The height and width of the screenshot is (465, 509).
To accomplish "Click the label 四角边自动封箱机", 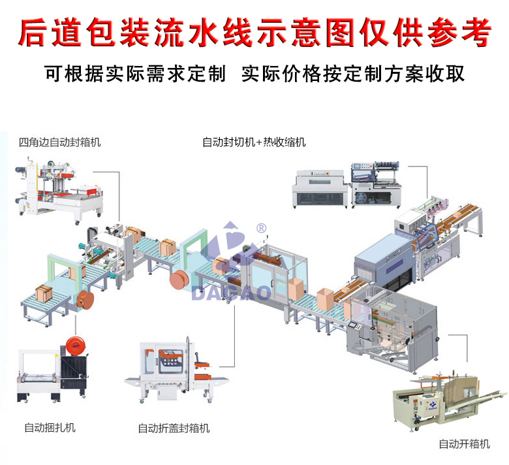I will [60, 141].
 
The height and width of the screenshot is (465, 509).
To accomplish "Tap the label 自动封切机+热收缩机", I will [254, 142].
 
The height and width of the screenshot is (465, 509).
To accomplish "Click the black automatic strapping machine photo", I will [51, 373].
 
